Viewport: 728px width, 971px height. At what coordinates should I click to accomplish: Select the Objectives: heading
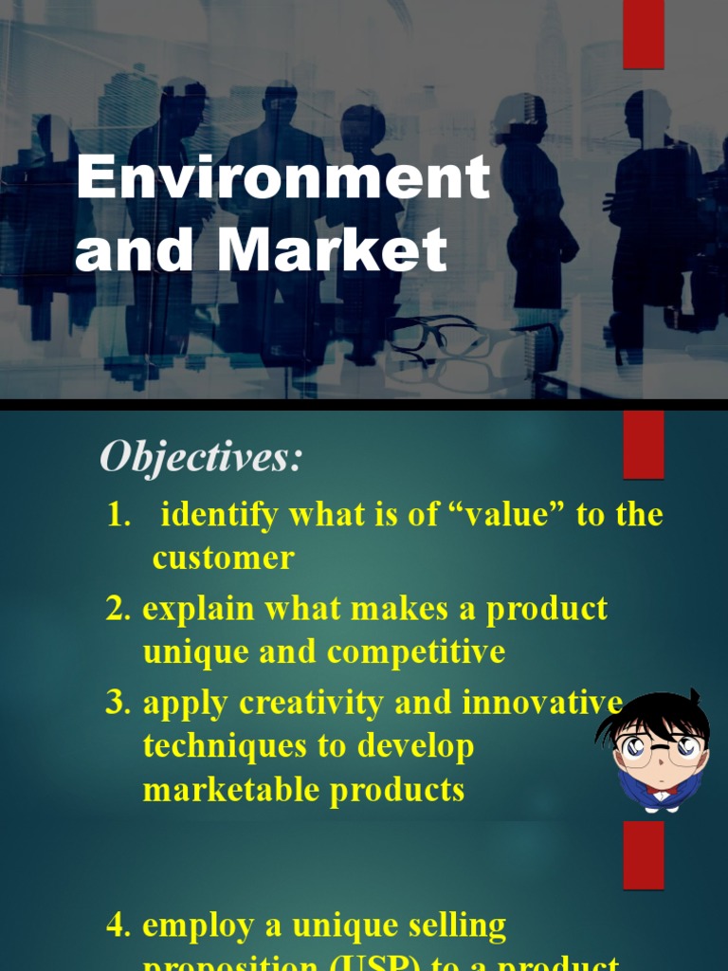[201, 458]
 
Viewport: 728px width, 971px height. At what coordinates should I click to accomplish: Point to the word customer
[223, 558]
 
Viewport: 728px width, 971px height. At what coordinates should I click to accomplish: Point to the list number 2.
[118, 609]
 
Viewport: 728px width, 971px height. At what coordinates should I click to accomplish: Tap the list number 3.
[118, 703]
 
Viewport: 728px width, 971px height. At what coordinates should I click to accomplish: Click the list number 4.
[118, 925]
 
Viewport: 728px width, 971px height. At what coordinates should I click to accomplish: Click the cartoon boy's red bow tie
[661, 790]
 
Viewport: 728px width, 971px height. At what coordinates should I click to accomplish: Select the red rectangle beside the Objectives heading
[643, 444]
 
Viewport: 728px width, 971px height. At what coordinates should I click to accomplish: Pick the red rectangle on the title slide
[643, 34]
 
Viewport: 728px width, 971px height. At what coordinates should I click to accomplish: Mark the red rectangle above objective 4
[643, 854]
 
